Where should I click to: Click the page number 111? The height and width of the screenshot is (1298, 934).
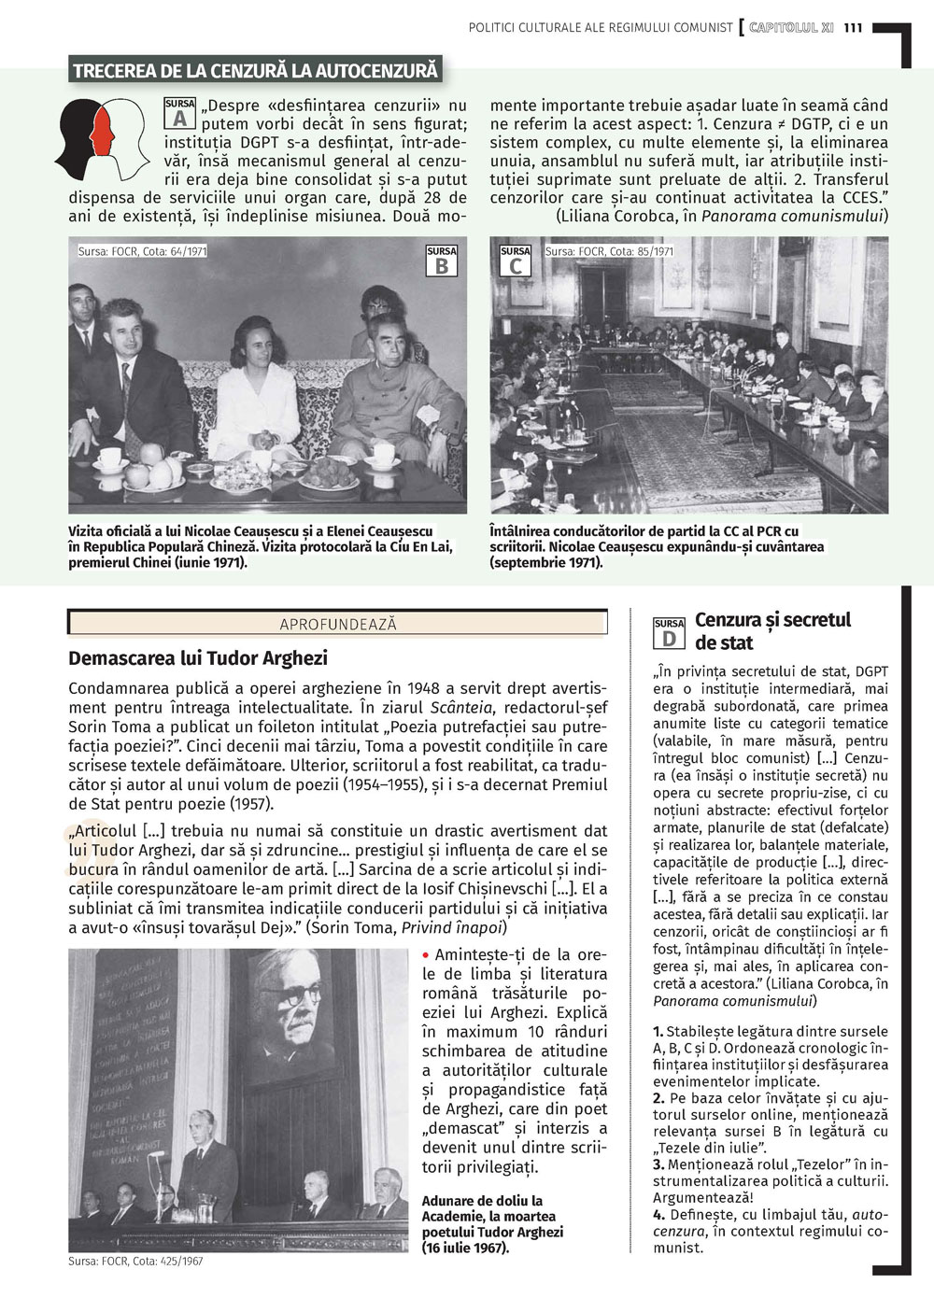click(x=852, y=28)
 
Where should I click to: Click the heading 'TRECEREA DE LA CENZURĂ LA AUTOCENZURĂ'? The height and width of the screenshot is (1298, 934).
click(x=255, y=70)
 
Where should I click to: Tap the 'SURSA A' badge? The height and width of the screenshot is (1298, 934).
click(x=180, y=112)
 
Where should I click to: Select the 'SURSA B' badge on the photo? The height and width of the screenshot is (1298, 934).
click(x=442, y=261)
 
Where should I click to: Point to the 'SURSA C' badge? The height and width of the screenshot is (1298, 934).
click(x=516, y=261)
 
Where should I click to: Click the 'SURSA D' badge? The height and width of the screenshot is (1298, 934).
click(x=669, y=632)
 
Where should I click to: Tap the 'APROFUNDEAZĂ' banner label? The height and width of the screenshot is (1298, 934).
click(x=338, y=624)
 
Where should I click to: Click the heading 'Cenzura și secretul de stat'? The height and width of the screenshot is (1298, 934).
click(x=772, y=630)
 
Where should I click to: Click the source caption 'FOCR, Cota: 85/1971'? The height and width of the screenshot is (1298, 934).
click(x=609, y=251)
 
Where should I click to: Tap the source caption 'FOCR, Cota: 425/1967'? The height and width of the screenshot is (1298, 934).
click(x=135, y=1262)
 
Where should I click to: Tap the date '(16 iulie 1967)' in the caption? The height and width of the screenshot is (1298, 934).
click(x=465, y=1247)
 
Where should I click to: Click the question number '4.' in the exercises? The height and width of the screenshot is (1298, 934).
click(x=658, y=1215)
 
